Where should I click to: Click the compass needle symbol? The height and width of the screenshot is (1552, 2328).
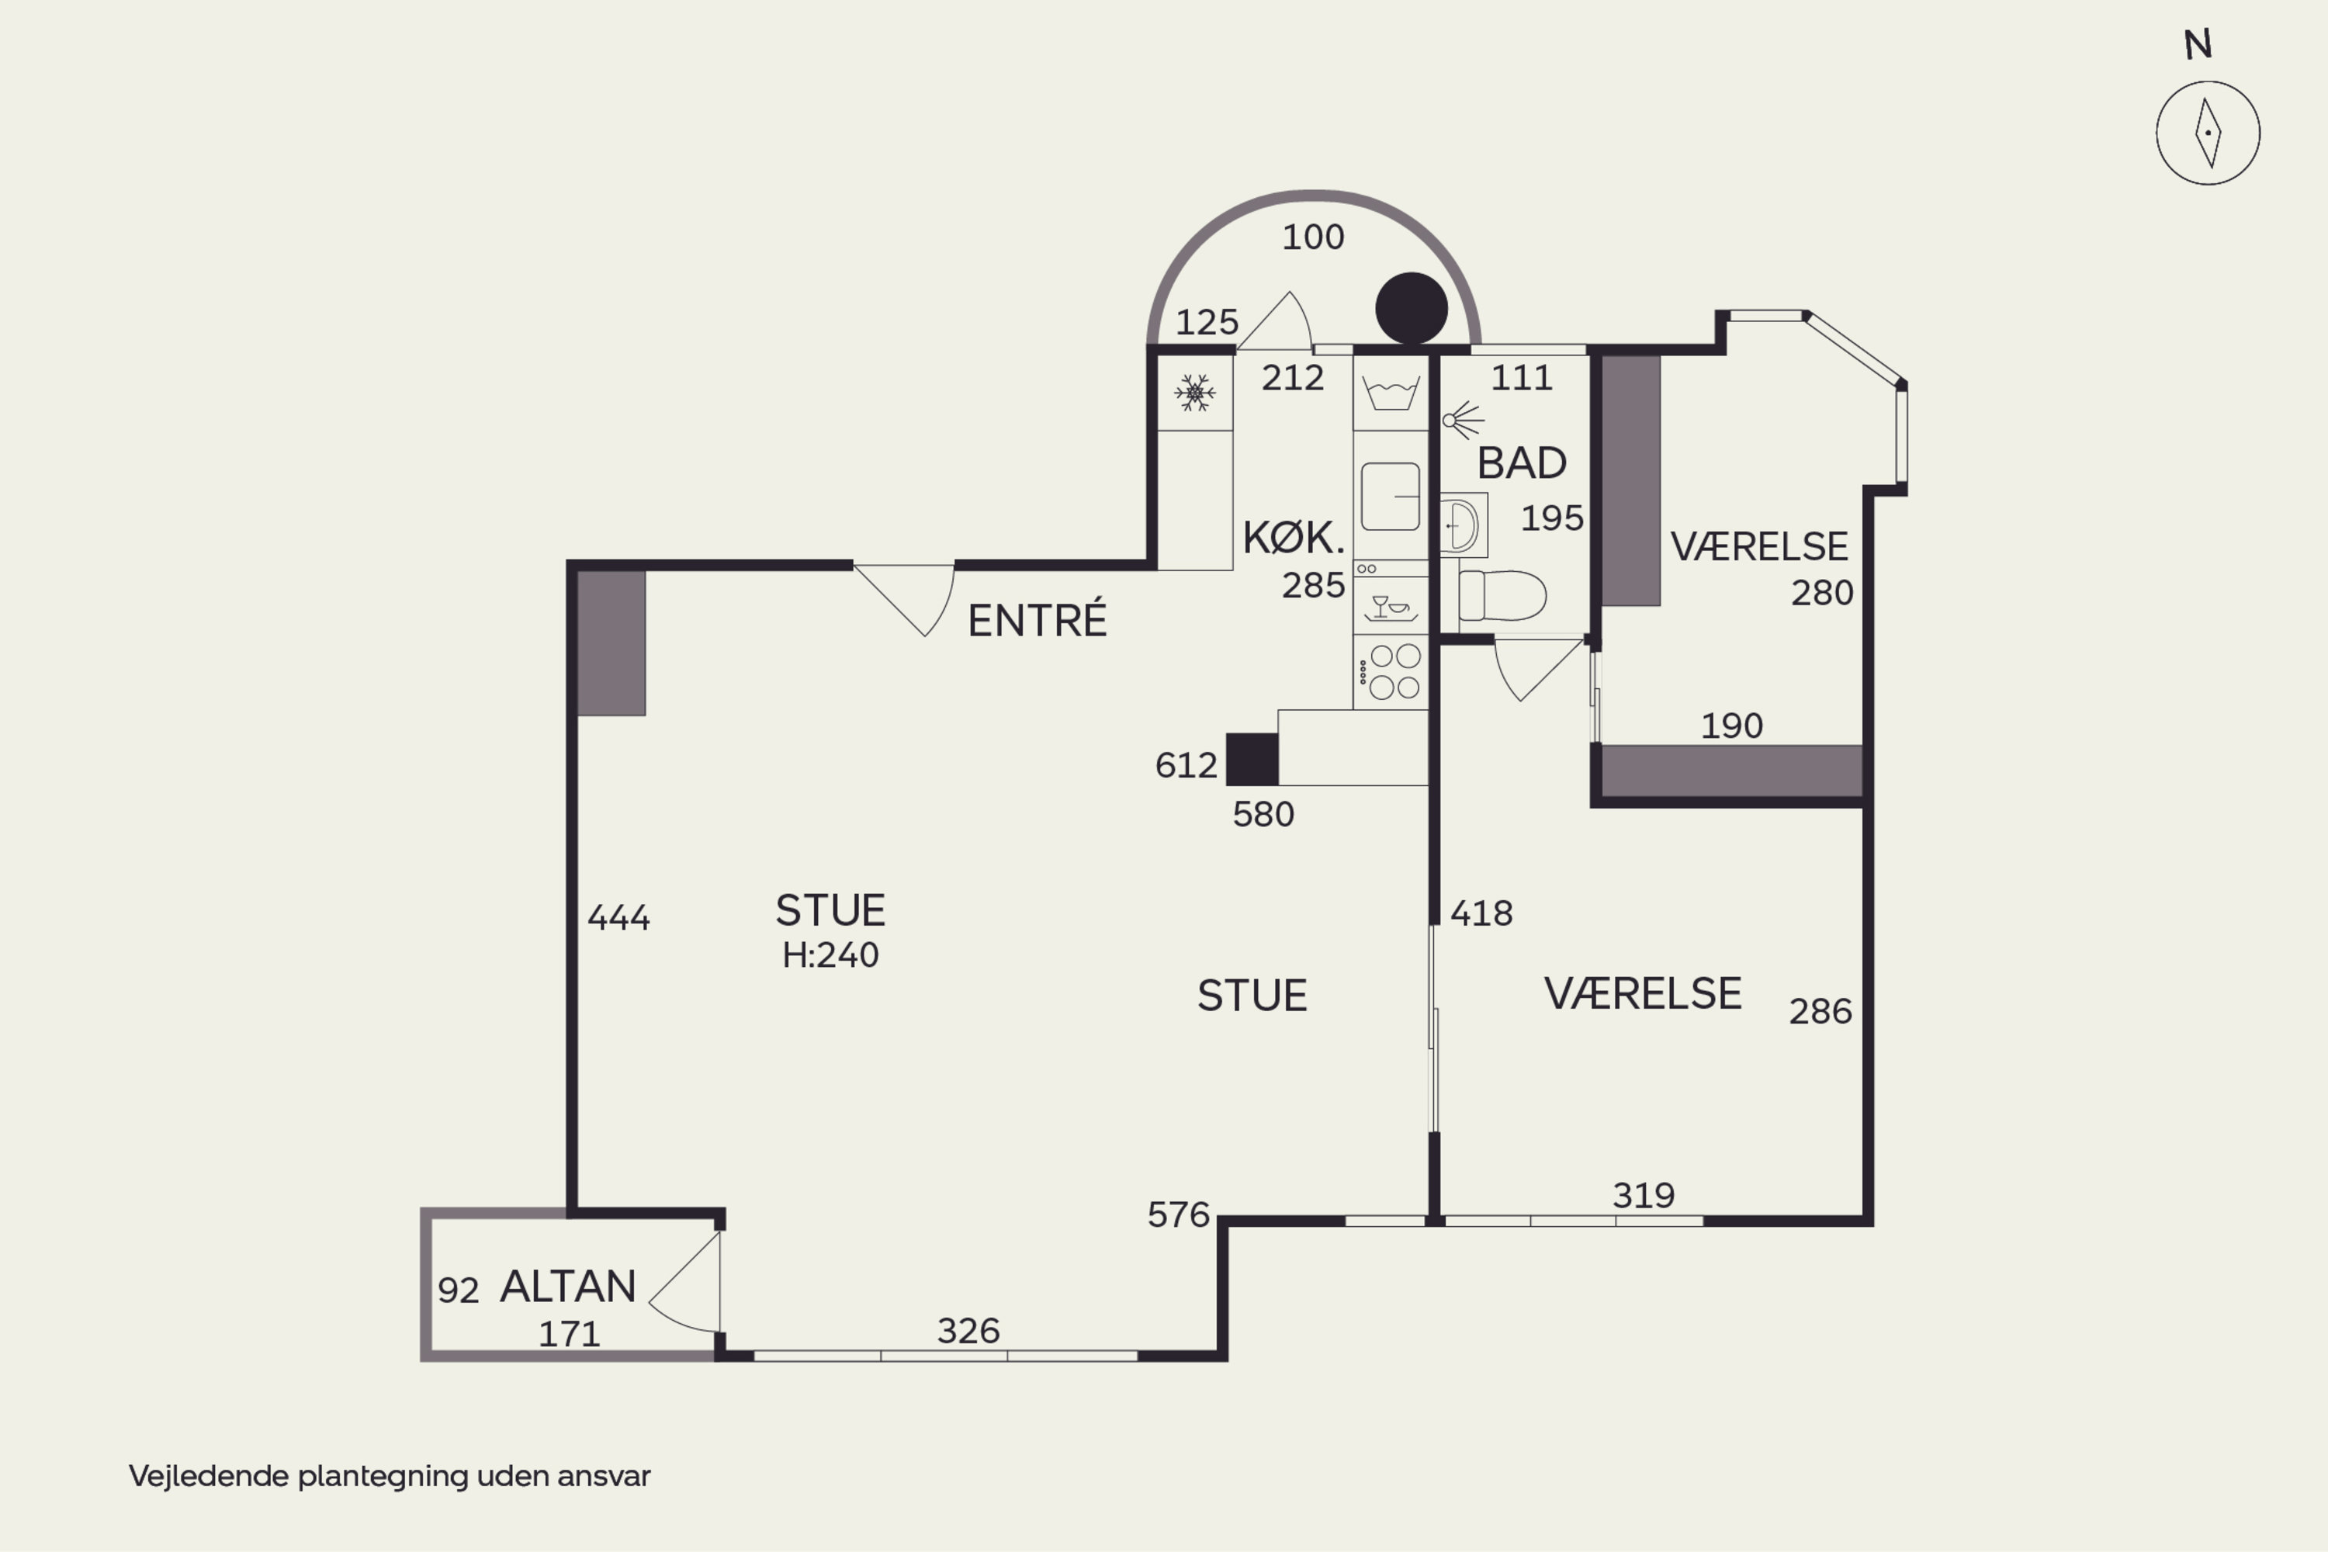(x=2207, y=133)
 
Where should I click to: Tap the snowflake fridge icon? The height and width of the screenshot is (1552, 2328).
(x=1195, y=393)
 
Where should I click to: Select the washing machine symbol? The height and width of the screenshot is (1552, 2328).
(x=1391, y=393)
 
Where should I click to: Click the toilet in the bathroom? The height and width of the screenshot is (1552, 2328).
(x=1502, y=595)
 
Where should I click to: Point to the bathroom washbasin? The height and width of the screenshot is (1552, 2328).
(x=1461, y=525)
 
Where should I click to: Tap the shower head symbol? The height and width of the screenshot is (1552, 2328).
(x=1463, y=421)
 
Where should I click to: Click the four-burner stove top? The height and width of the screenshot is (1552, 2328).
(x=1391, y=672)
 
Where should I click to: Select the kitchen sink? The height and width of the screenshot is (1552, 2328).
(x=1391, y=496)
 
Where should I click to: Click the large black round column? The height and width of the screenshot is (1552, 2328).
(x=1412, y=308)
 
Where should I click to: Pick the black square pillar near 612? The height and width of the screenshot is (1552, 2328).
(x=1252, y=759)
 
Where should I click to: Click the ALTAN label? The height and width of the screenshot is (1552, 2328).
(x=568, y=1287)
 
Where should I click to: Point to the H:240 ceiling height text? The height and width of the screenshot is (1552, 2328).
(x=830, y=955)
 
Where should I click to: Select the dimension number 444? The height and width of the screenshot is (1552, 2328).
(x=618, y=917)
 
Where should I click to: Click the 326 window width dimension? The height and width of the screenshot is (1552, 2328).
(x=968, y=1330)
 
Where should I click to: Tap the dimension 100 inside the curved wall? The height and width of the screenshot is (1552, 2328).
(x=1314, y=237)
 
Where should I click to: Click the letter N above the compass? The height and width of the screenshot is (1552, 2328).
(x=2198, y=44)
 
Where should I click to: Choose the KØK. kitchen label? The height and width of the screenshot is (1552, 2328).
(x=1294, y=538)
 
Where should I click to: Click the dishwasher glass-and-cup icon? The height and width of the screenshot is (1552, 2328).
(x=1391, y=607)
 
